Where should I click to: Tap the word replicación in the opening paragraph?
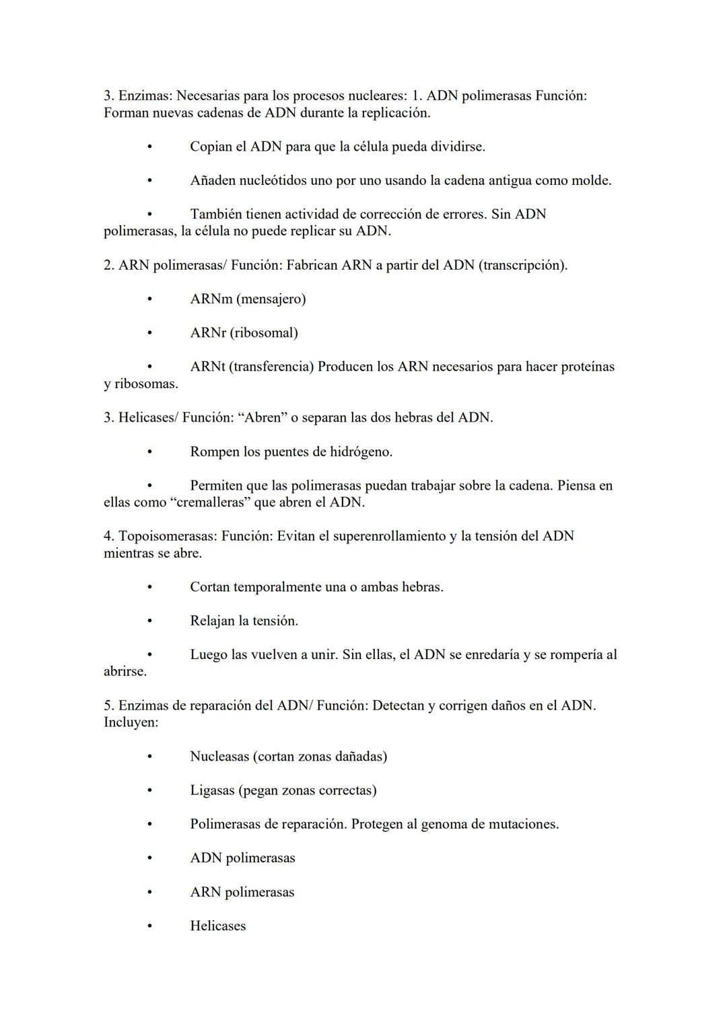[395, 113]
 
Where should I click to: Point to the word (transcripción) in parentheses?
[522, 266]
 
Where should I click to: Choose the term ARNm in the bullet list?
[211, 299]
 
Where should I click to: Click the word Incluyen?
[131, 723]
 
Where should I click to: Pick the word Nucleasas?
[219, 757]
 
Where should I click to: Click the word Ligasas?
[212, 791]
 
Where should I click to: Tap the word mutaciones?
[523, 825]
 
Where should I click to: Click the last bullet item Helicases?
[217, 926]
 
